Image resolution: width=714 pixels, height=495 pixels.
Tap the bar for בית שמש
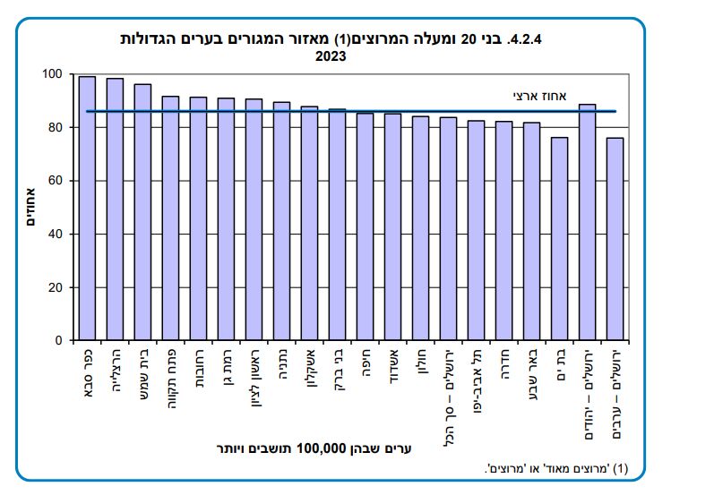click(x=142, y=212)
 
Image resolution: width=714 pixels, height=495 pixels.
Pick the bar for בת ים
click(x=559, y=239)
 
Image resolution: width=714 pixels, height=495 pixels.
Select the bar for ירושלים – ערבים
click(x=615, y=239)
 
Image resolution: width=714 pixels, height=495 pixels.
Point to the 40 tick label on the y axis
click(x=56, y=235)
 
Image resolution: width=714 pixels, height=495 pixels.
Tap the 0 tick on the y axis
click(x=59, y=341)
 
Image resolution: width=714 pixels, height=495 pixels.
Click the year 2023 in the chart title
click(x=330, y=55)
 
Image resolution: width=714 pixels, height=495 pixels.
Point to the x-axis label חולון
click(x=420, y=368)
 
